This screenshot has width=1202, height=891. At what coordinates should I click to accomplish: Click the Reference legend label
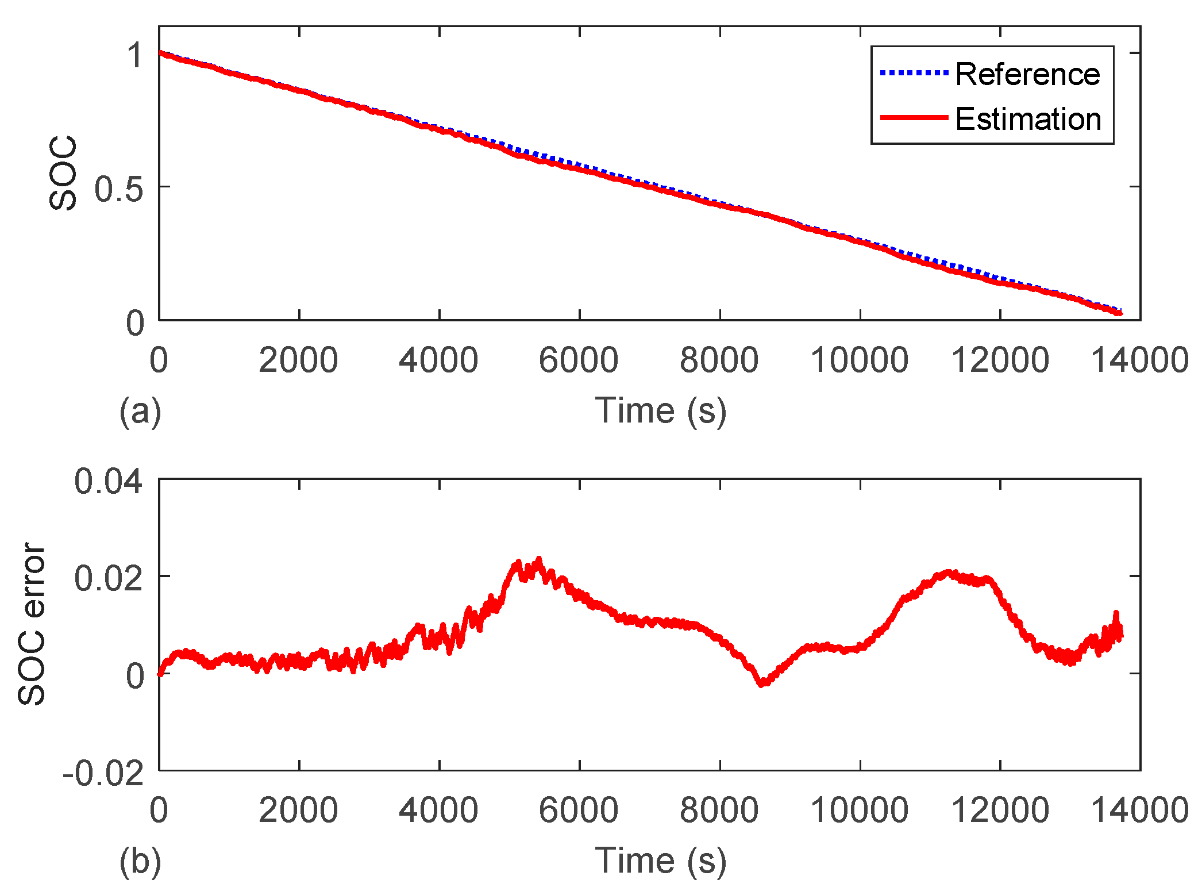click(x=1027, y=74)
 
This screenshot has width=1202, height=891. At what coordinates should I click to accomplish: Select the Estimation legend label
click(x=1028, y=119)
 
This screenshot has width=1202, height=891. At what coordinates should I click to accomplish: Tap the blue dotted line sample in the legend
click(x=914, y=73)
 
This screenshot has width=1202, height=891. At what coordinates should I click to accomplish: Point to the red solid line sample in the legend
click(x=914, y=117)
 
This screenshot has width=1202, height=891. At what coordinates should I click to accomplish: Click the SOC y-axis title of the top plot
click(x=63, y=173)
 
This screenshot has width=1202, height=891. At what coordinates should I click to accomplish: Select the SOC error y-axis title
click(x=32, y=624)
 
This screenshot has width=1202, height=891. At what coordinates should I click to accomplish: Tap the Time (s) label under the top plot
click(x=661, y=410)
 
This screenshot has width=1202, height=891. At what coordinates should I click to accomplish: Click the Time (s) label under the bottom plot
click(x=661, y=861)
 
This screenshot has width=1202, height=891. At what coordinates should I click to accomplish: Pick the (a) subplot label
click(x=140, y=412)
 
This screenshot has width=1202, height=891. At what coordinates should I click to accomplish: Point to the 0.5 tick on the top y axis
click(x=118, y=189)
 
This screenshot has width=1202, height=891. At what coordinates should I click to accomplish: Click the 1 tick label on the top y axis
click(x=135, y=56)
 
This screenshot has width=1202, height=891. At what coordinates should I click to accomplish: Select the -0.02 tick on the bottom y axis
click(x=103, y=773)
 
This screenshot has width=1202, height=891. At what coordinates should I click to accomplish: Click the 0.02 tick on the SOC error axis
click(x=108, y=578)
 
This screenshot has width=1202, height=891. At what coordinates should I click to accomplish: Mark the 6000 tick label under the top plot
click(x=579, y=360)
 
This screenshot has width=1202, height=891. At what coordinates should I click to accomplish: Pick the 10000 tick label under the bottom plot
click(x=859, y=810)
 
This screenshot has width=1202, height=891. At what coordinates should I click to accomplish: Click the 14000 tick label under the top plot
click(x=1139, y=360)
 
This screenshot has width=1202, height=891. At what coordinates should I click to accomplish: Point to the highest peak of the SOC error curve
click(x=538, y=558)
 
